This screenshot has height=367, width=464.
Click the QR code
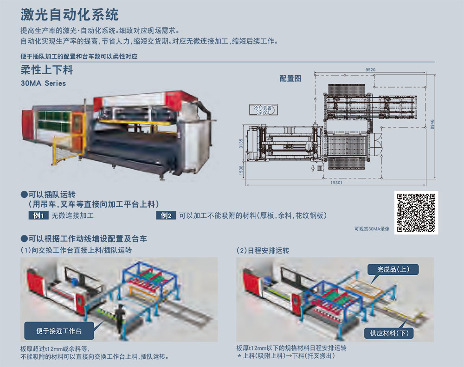[x=416, y=212]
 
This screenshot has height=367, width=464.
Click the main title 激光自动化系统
[x=70, y=14]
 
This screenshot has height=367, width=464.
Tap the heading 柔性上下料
[x=47, y=70]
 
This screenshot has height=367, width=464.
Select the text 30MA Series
[x=43, y=83]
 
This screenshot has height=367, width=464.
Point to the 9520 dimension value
[x=370, y=70]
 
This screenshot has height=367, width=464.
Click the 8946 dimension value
[x=432, y=124]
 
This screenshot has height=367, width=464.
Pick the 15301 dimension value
[x=336, y=183]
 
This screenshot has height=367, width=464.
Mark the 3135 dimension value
[x=241, y=144]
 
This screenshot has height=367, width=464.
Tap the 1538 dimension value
[x=241, y=170]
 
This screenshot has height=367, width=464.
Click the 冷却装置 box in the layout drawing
[x=264, y=110]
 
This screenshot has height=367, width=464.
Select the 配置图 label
[x=290, y=78]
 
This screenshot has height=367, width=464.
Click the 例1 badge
[x=39, y=215]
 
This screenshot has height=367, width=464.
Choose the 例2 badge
[x=166, y=215]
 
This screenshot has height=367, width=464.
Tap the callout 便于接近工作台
[x=59, y=331]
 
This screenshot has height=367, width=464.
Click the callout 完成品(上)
[x=393, y=270]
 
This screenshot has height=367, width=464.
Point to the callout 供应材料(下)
[x=389, y=333]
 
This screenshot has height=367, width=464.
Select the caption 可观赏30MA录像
[x=372, y=229]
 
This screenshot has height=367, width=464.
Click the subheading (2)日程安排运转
[x=263, y=251]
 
